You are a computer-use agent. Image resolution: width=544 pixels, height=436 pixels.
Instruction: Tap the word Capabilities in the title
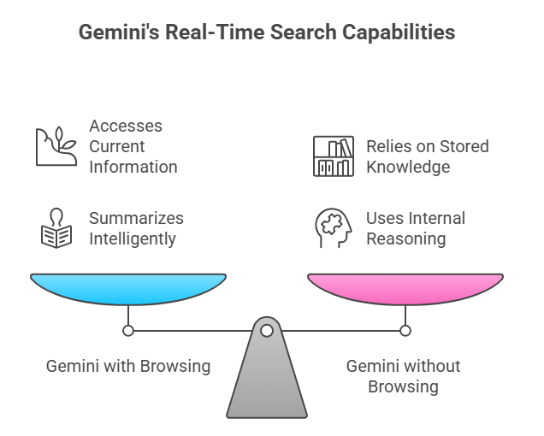coord(402,33)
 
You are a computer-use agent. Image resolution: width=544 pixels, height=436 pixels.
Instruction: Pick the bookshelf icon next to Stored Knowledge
coord(333,156)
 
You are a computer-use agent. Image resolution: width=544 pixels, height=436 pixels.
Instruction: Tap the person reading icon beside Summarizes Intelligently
coord(56,229)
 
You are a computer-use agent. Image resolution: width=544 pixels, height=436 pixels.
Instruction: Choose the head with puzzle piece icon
coord(333,229)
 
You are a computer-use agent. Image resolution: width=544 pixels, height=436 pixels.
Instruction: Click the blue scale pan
coord(128,288)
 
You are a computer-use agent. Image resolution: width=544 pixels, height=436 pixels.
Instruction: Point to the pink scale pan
coord(405,288)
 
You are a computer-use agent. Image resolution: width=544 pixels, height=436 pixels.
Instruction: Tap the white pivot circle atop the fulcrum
coord(267,330)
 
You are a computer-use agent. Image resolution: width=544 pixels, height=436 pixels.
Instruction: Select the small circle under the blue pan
coord(128,330)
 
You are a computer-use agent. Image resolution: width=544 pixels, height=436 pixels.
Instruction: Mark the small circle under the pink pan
coord(405,330)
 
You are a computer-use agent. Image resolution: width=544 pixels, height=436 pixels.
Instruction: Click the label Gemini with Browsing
coord(128,366)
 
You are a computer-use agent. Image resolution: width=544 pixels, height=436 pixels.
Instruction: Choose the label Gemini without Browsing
coord(404,376)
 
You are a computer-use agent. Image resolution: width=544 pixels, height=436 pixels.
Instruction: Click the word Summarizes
coord(137,219)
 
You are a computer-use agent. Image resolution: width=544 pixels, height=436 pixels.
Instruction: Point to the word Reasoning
coord(406,239)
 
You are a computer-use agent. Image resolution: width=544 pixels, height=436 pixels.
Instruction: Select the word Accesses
coord(126,126)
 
